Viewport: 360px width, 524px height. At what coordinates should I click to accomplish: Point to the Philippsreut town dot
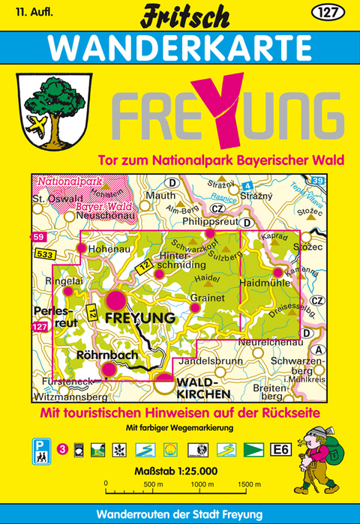(x=211, y=234)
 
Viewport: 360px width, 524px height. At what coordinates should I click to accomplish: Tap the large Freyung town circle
(x=115, y=301)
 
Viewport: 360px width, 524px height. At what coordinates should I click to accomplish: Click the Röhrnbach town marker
(x=109, y=368)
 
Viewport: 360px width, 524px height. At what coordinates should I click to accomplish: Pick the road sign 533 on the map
(x=43, y=256)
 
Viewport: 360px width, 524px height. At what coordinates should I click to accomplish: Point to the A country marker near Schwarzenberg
(x=320, y=350)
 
